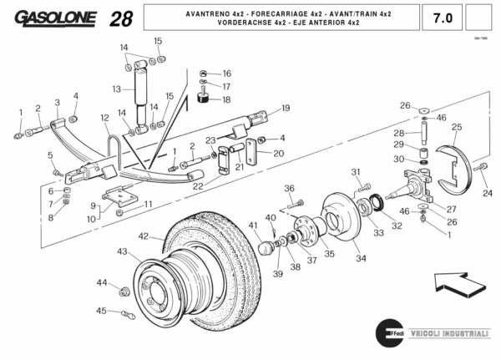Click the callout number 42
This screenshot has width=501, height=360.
(x=144, y=236)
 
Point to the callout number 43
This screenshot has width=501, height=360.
(x=122, y=251)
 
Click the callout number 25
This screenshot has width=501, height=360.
(x=456, y=127)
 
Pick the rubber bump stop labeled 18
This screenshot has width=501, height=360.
(x=202, y=100)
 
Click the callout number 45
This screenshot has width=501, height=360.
(x=101, y=311)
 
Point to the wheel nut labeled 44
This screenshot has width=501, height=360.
(x=124, y=291)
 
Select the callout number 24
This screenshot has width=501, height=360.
(x=488, y=193)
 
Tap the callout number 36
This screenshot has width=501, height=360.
(x=289, y=188)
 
